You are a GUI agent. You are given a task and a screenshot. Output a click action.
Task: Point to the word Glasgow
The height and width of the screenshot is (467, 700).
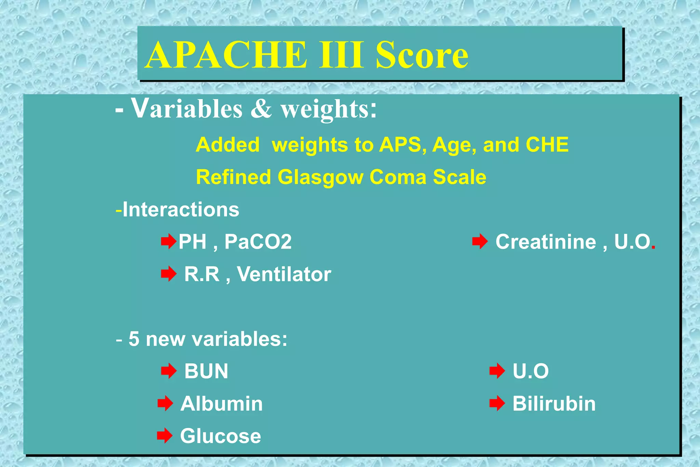click(x=320, y=177)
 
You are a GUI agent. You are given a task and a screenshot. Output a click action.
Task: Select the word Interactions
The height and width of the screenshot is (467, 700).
click(x=180, y=209)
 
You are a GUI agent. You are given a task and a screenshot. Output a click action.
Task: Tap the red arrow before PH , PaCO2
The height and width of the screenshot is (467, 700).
click(x=169, y=242)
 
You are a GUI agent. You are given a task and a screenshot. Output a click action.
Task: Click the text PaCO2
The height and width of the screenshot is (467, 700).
click(x=258, y=242)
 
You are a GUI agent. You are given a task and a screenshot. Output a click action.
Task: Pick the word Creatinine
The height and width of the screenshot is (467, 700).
click(x=546, y=242)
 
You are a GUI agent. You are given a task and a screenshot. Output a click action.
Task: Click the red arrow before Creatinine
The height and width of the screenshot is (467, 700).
click(x=480, y=242)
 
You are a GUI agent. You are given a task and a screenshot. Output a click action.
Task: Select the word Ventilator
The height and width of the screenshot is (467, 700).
click(x=284, y=274)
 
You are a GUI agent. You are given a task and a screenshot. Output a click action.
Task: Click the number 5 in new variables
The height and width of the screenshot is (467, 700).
click(x=134, y=339)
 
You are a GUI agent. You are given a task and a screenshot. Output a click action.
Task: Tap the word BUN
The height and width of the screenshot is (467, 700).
click(x=206, y=371)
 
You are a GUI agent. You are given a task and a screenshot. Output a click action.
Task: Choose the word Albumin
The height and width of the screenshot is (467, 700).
click(x=221, y=404)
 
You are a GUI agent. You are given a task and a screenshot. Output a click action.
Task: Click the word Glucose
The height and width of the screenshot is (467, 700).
click(x=220, y=436)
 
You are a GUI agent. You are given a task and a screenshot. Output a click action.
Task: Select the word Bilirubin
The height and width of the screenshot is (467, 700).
click(x=554, y=404)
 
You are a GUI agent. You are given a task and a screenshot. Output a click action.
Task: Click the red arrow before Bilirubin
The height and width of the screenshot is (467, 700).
click(x=497, y=404)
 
